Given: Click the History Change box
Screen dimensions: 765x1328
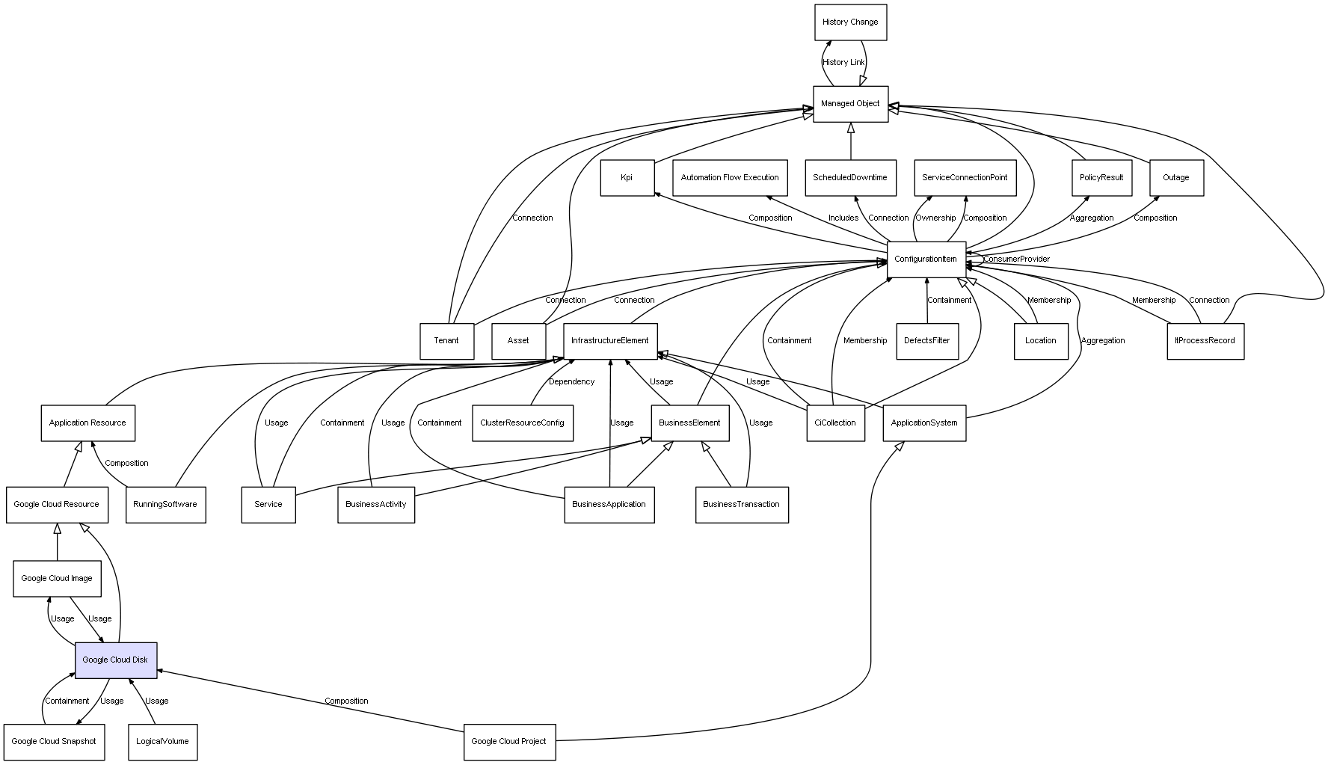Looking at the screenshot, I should (x=850, y=22).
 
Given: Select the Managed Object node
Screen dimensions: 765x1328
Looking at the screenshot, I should (x=850, y=104).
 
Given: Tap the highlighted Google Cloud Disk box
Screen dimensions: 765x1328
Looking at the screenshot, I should (x=116, y=660).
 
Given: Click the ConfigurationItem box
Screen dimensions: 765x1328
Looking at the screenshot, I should (x=926, y=259).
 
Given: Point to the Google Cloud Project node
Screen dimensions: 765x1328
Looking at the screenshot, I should (x=509, y=742).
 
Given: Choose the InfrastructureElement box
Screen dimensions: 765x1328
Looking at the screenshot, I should (x=610, y=341).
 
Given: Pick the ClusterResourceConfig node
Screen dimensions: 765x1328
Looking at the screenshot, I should (x=522, y=423).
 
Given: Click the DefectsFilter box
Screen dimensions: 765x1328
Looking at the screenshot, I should (x=926, y=341).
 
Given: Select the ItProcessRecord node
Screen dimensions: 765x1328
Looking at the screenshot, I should (x=1205, y=341).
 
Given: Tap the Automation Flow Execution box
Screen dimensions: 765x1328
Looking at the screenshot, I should (x=730, y=178).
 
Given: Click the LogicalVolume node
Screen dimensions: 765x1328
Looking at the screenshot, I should (x=162, y=742).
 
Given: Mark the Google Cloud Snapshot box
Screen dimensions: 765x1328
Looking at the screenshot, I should (x=54, y=742).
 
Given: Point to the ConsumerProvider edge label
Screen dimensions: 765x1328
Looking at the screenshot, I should (x=1016, y=259).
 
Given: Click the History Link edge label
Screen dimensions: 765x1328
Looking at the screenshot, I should (x=843, y=63).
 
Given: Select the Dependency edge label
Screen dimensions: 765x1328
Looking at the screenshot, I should (x=572, y=382).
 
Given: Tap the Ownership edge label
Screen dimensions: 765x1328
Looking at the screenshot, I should (x=935, y=218).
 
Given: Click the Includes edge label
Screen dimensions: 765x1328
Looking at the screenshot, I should (x=843, y=218).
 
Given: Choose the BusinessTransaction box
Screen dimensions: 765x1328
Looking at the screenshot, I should (x=741, y=505).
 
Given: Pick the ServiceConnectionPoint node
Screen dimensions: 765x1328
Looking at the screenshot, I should (x=965, y=178).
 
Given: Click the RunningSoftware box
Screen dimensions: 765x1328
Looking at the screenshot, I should (x=165, y=505).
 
